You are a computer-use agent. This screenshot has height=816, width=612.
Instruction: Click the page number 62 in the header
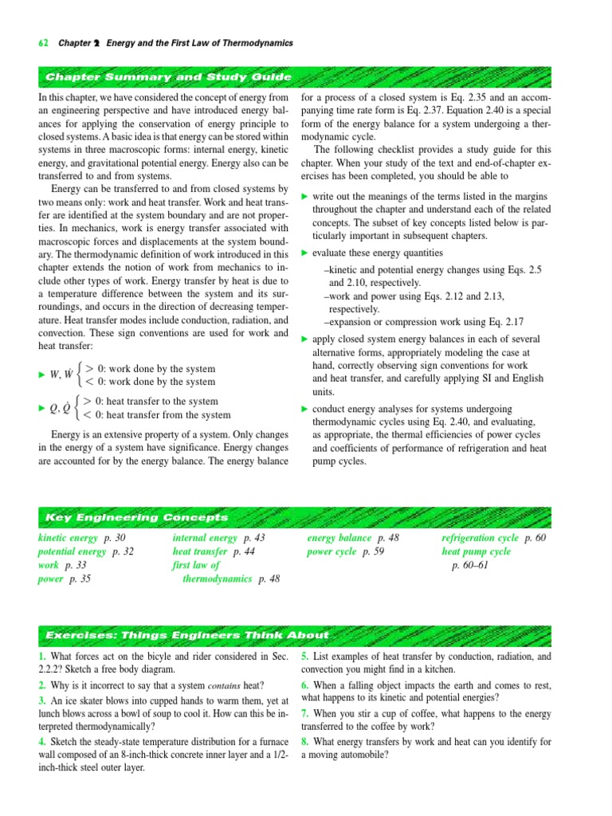43,43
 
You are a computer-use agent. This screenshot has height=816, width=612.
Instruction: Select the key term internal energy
205,539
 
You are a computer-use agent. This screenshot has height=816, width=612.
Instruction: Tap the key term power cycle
331,551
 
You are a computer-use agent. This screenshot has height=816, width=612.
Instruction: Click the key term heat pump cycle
477,551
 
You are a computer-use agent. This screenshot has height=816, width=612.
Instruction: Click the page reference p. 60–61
470,566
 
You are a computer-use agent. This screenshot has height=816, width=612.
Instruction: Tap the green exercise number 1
41,657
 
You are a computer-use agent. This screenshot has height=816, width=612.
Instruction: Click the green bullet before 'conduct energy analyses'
304,409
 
